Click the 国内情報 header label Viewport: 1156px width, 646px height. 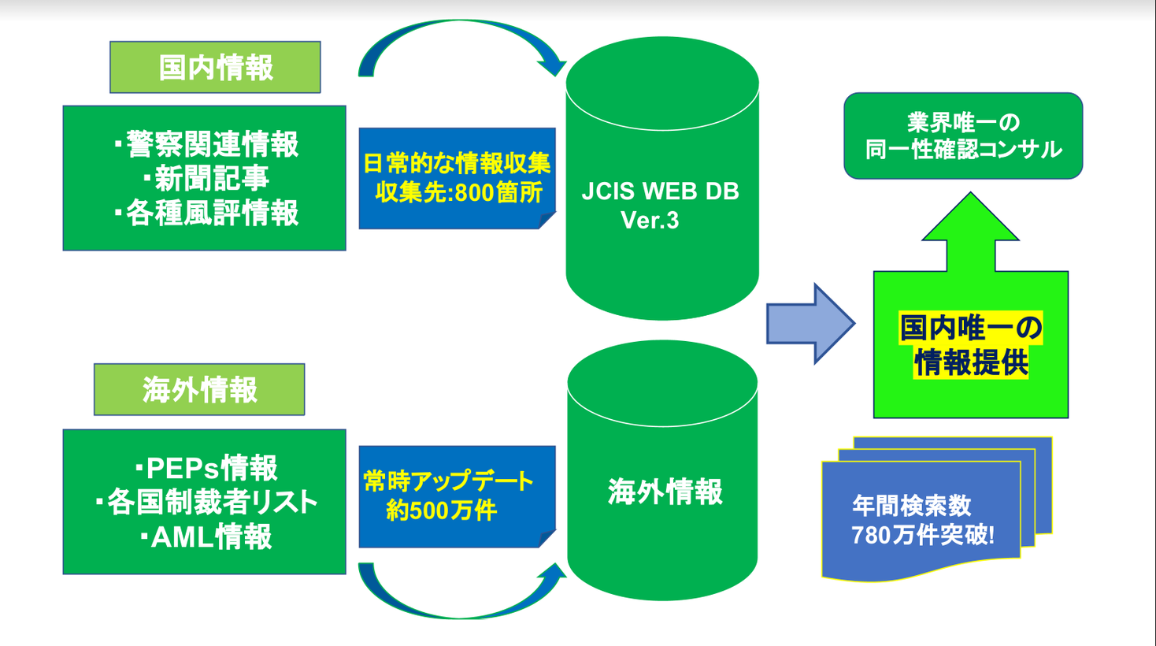[x=215, y=68]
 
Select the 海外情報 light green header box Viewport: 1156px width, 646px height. [x=199, y=390]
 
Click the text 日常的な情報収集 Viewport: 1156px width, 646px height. [x=457, y=164]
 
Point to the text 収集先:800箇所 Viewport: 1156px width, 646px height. [x=458, y=193]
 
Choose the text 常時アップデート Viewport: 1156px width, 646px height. [x=449, y=481]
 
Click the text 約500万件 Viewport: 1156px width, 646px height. [x=441, y=510]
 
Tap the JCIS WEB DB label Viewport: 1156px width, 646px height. [x=660, y=191]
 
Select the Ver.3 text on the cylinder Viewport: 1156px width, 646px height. [x=650, y=221]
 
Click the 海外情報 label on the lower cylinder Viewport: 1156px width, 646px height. [x=665, y=492]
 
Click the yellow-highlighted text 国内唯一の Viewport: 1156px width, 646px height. [x=971, y=328]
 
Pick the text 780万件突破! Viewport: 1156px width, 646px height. [x=922, y=536]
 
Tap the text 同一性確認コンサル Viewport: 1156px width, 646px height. [x=963, y=150]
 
